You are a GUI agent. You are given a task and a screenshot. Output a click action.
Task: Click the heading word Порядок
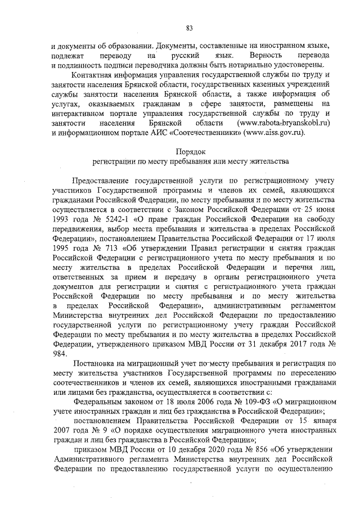coord(191,151)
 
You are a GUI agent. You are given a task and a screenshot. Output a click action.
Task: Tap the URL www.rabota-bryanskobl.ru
coord(285,122)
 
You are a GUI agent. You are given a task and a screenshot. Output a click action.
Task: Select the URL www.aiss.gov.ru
coord(275,132)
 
